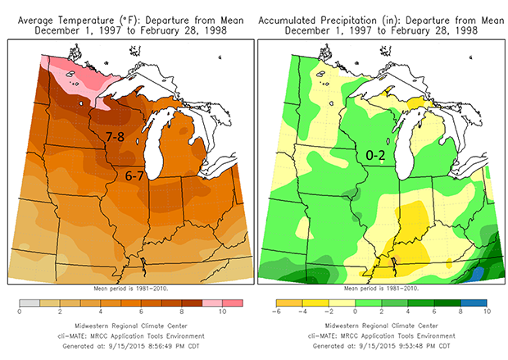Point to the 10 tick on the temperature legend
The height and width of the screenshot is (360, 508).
(221, 312)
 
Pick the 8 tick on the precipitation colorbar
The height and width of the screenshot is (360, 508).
(460, 312)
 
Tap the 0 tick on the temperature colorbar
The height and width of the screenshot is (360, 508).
(18, 312)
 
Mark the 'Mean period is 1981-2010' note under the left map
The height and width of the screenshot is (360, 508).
(130, 288)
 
